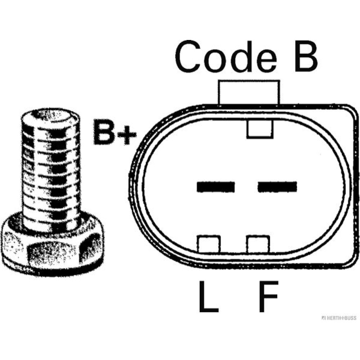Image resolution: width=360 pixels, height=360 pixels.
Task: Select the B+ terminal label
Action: (115, 132)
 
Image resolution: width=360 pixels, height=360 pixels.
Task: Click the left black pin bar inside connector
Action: (216, 186)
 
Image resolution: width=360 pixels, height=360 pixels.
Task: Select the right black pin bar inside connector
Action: (277, 186)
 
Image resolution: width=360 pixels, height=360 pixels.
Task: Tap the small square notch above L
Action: (208, 244)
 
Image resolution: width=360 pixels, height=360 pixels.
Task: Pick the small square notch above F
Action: (258, 244)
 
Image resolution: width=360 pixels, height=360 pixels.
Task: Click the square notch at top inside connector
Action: (260, 129)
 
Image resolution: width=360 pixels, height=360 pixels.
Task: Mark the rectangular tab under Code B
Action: (248, 93)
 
